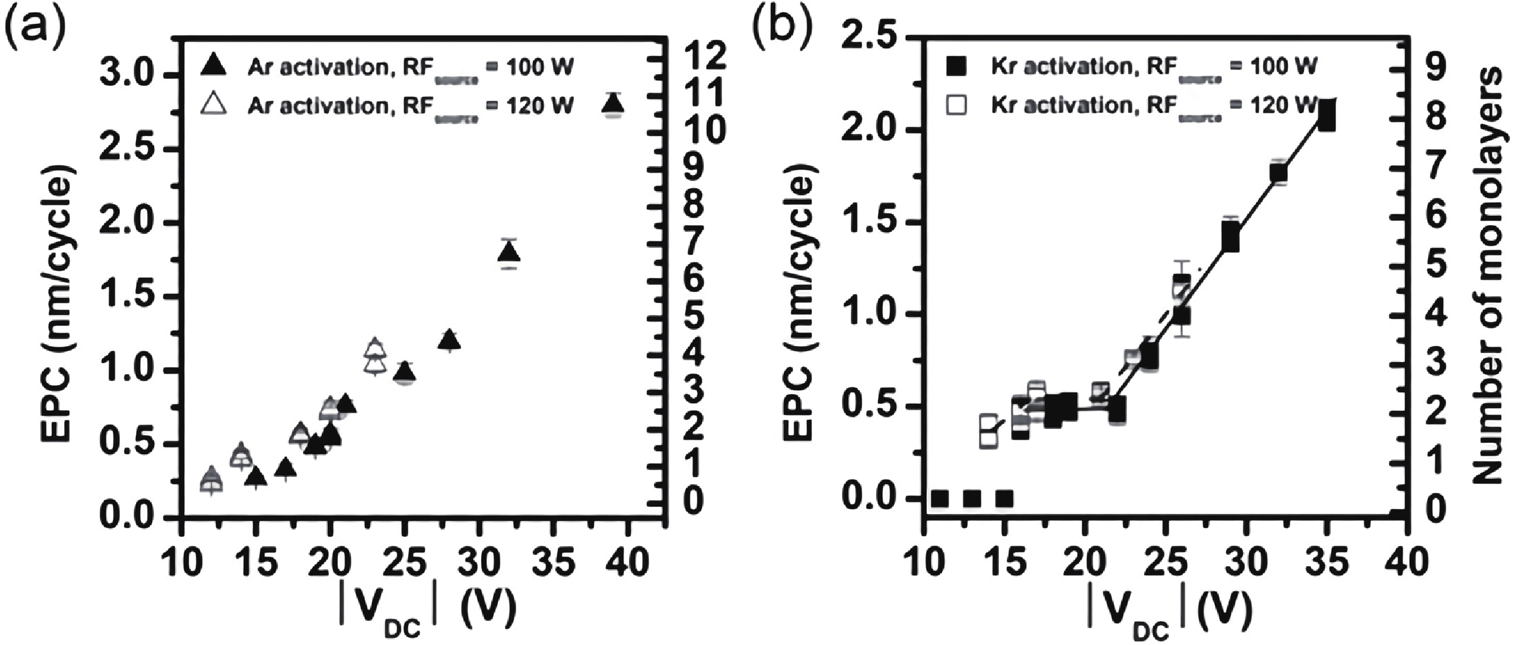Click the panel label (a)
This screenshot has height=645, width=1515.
35,29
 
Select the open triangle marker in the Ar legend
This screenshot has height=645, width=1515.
214,103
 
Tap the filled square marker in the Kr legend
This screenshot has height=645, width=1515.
958,65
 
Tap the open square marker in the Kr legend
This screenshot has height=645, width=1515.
958,105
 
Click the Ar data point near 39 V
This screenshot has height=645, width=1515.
613,104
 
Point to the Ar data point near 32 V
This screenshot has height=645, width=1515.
509,254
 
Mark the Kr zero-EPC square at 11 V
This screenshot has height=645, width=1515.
940,498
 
